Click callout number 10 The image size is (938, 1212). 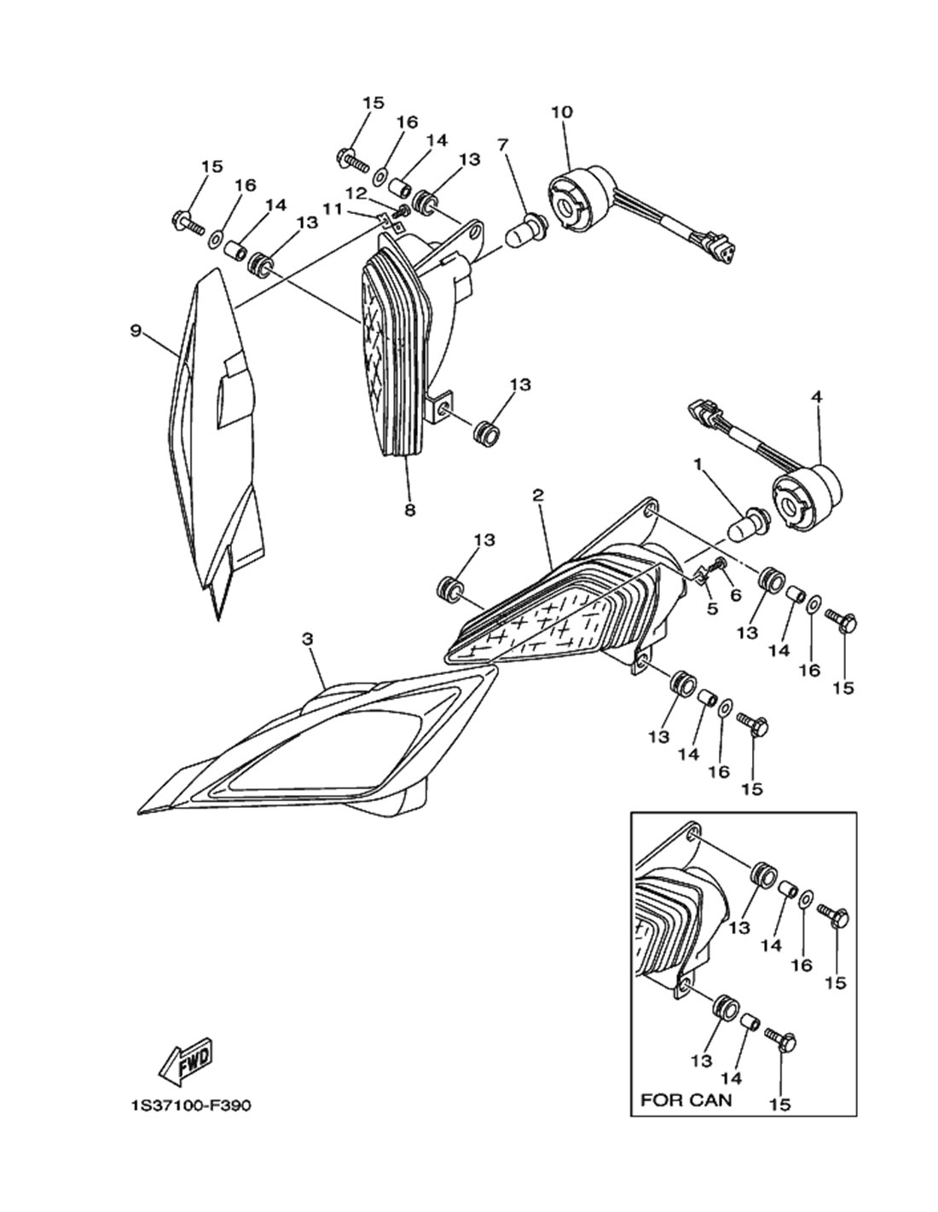point(561,113)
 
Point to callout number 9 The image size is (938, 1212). point(136,330)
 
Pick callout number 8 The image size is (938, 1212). point(410,510)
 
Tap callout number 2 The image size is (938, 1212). point(538,494)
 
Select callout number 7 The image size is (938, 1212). point(503,145)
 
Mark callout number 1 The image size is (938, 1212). point(698,464)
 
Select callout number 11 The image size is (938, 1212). point(332,211)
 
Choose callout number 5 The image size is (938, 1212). point(712,609)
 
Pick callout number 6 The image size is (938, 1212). point(735,596)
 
